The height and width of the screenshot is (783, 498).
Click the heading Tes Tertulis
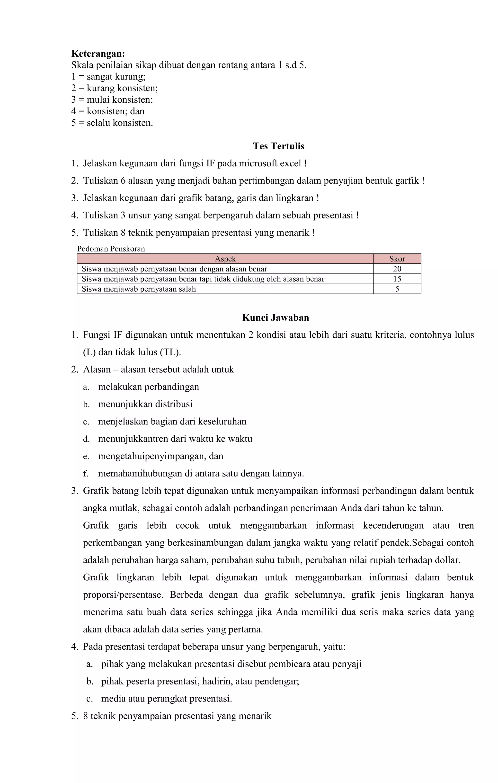(x=279, y=146)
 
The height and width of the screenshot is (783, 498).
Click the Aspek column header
(x=225, y=259)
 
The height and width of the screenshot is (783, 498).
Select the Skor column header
(x=397, y=259)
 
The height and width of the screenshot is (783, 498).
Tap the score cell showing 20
(x=397, y=269)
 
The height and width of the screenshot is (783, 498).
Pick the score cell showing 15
(x=397, y=279)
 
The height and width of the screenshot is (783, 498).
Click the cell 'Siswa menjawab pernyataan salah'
(x=139, y=289)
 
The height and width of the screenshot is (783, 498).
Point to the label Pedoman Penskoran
(x=111, y=249)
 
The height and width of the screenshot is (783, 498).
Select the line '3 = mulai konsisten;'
(x=112, y=99)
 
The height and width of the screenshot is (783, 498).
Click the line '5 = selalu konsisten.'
(x=112, y=123)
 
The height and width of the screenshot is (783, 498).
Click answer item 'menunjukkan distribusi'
(x=145, y=404)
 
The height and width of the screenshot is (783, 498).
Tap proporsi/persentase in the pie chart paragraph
(x=123, y=595)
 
